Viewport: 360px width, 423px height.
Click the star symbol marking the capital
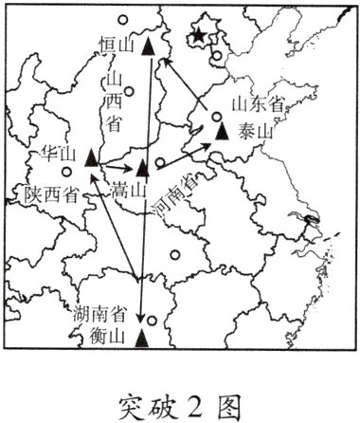(x=198, y=36)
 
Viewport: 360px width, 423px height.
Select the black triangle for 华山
(x=91, y=157)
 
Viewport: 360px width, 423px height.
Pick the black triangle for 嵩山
(x=142, y=169)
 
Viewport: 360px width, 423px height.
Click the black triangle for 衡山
(x=142, y=336)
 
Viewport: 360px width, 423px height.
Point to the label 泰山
(x=255, y=133)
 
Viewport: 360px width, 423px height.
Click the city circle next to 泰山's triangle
(x=216, y=117)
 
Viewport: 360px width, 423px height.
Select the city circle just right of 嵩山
(x=160, y=162)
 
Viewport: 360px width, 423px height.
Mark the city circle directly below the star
(x=217, y=55)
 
